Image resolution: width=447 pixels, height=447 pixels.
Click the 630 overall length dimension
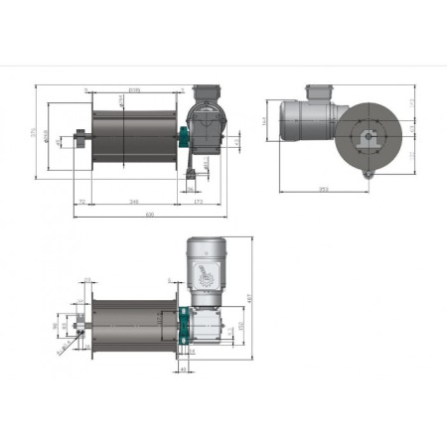pyautogui.click(x=149, y=214)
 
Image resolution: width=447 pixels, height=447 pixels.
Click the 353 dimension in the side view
pyautogui.click(x=324, y=188)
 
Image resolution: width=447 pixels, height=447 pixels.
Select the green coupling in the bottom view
pyautogui.click(x=182, y=326)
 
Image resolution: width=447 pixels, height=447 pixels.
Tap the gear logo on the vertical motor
pyautogui.click(x=204, y=275)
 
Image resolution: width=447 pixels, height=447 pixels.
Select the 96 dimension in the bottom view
pyautogui.click(x=56, y=324)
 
